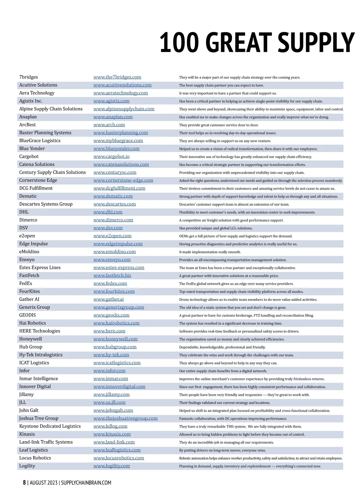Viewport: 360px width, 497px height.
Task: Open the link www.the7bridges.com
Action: (117, 77)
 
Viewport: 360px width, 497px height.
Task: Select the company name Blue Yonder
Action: (32, 148)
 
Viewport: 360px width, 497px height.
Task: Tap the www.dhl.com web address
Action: (108, 212)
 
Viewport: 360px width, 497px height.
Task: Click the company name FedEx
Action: (26, 283)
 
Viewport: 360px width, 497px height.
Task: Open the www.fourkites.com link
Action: (114, 291)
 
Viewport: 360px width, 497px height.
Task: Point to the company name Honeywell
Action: (31, 339)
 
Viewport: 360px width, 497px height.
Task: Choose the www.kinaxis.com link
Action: (112, 434)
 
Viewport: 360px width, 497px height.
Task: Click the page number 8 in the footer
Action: (24, 483)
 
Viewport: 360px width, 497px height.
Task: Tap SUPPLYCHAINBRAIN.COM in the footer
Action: (86, 483)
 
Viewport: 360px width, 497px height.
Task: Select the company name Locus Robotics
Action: (35, 458)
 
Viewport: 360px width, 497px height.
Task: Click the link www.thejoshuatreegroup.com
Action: (125, 418)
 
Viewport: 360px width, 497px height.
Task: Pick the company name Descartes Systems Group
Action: (46, 204)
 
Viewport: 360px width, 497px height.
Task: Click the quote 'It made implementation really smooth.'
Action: (210, 252)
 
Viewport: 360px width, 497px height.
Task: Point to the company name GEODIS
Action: (28, 315)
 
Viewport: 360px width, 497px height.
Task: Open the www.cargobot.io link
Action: (112, 156)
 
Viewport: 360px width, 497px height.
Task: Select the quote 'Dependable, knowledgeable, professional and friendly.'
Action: (222, 347)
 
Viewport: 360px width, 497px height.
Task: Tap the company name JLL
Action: (23, 403)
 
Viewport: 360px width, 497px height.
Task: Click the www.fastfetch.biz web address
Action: (112, 275)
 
